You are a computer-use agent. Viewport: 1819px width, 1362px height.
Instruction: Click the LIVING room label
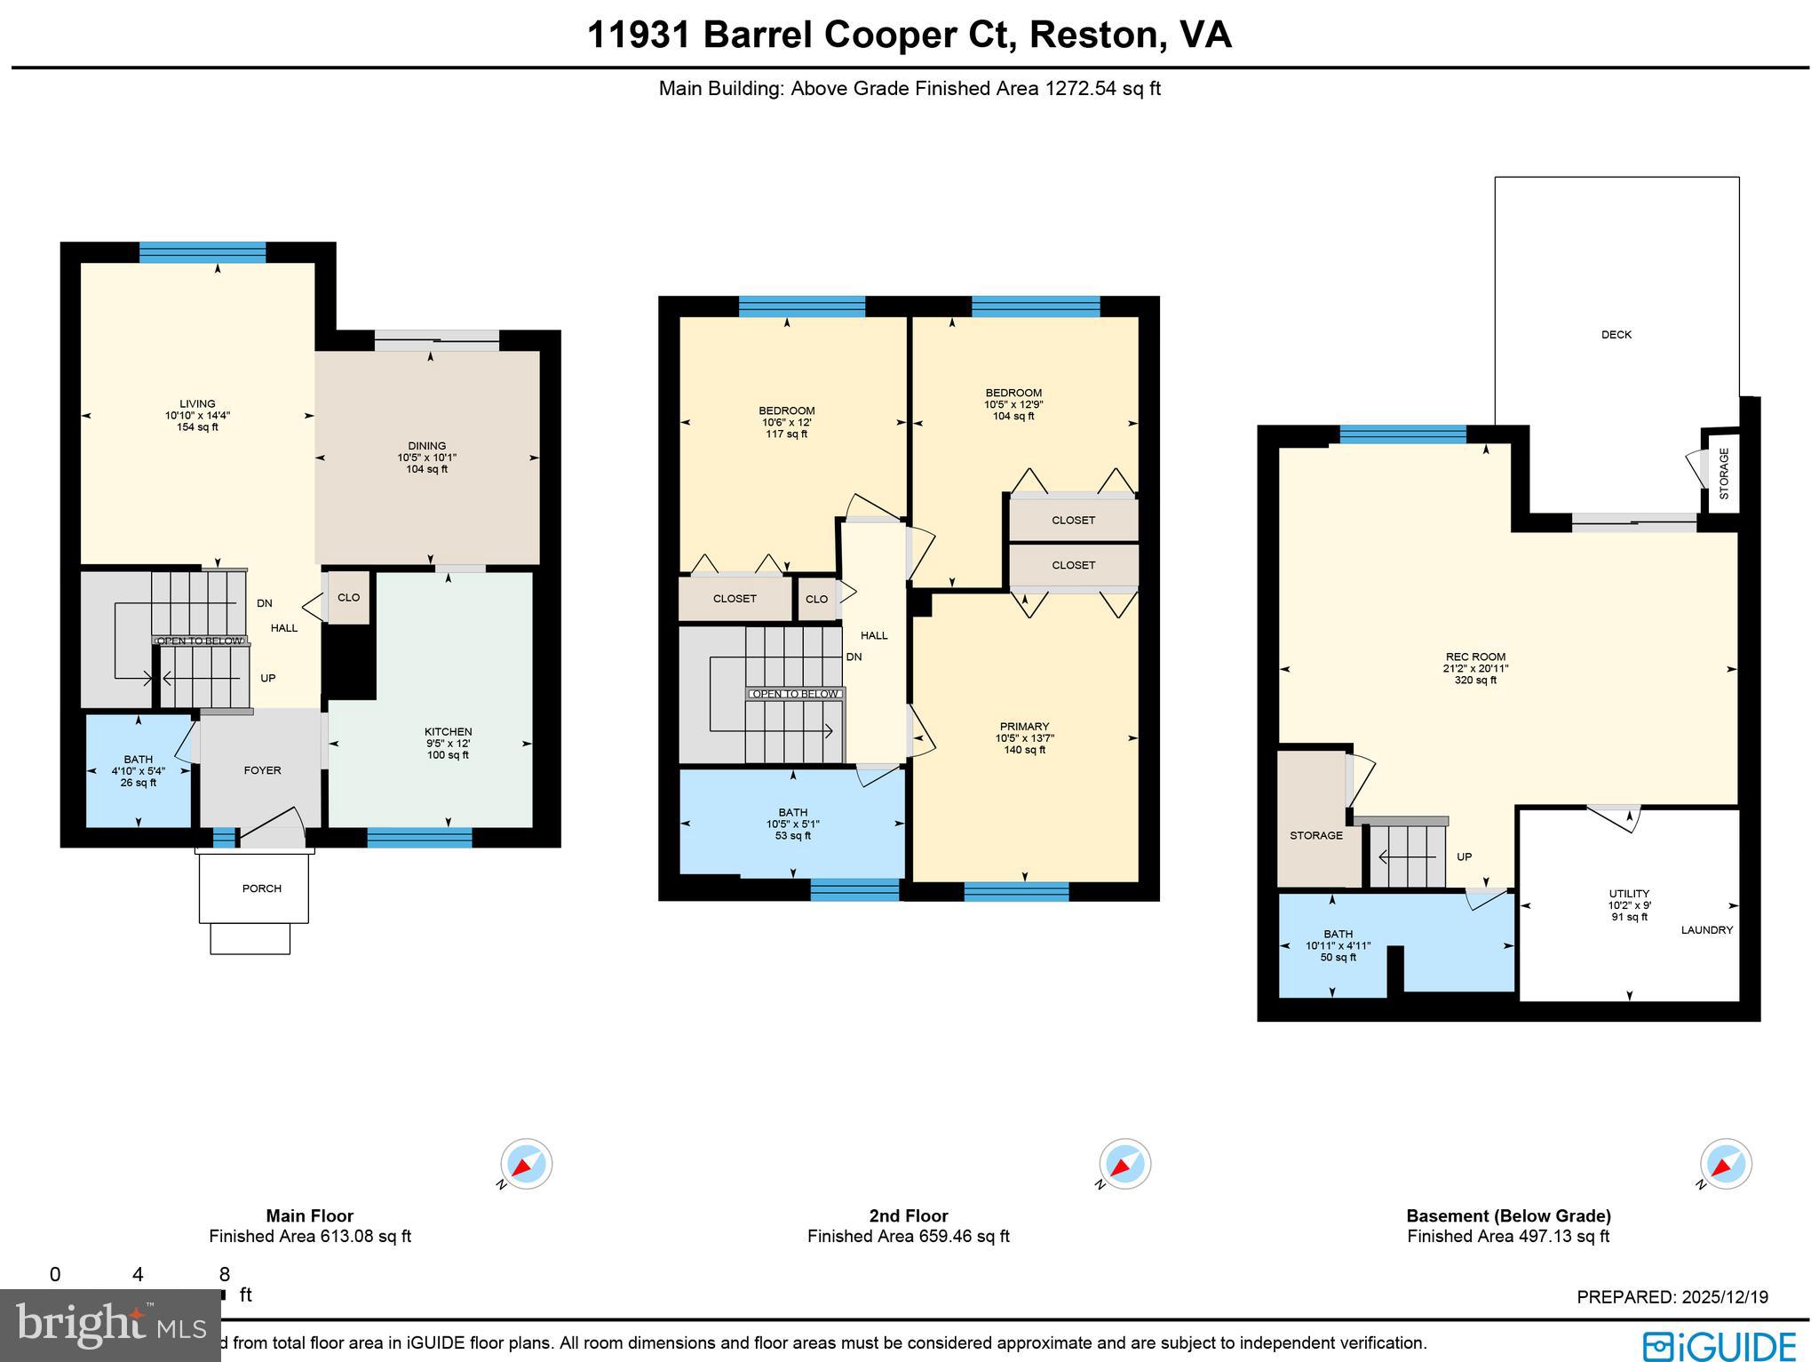click(197, 404)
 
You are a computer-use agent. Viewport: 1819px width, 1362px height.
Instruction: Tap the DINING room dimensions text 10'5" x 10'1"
click(426, 458)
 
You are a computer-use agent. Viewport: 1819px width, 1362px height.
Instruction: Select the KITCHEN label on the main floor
click(448, 732)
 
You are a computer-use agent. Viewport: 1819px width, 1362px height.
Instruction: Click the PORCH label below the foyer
click(261, 888)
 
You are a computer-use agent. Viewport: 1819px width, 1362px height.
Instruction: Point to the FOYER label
click(262, 770)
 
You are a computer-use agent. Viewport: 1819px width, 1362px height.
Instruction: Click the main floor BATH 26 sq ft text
click(139, 783)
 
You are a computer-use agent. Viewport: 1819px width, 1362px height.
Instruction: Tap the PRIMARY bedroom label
click(1024, 727)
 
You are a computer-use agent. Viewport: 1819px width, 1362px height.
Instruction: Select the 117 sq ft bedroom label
click(786, 434)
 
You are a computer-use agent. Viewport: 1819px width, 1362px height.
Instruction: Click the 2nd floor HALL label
click(874, 635)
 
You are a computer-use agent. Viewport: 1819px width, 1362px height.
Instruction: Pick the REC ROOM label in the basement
click(1475, 657)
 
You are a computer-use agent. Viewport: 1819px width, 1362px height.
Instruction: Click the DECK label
click(1616, 335)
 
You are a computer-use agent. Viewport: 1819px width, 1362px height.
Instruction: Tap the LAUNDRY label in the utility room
click(1706, 930)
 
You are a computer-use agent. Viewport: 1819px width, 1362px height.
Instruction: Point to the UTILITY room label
click(1629, 894)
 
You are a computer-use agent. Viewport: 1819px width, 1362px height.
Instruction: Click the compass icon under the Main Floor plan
click(526, 1164)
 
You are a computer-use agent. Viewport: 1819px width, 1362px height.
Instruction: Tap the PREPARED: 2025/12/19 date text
click(1672, 1297)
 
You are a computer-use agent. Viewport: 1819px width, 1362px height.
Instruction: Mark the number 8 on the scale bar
click(225, 1275)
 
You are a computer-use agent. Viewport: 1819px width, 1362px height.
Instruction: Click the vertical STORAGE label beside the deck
click(1724, 474)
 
